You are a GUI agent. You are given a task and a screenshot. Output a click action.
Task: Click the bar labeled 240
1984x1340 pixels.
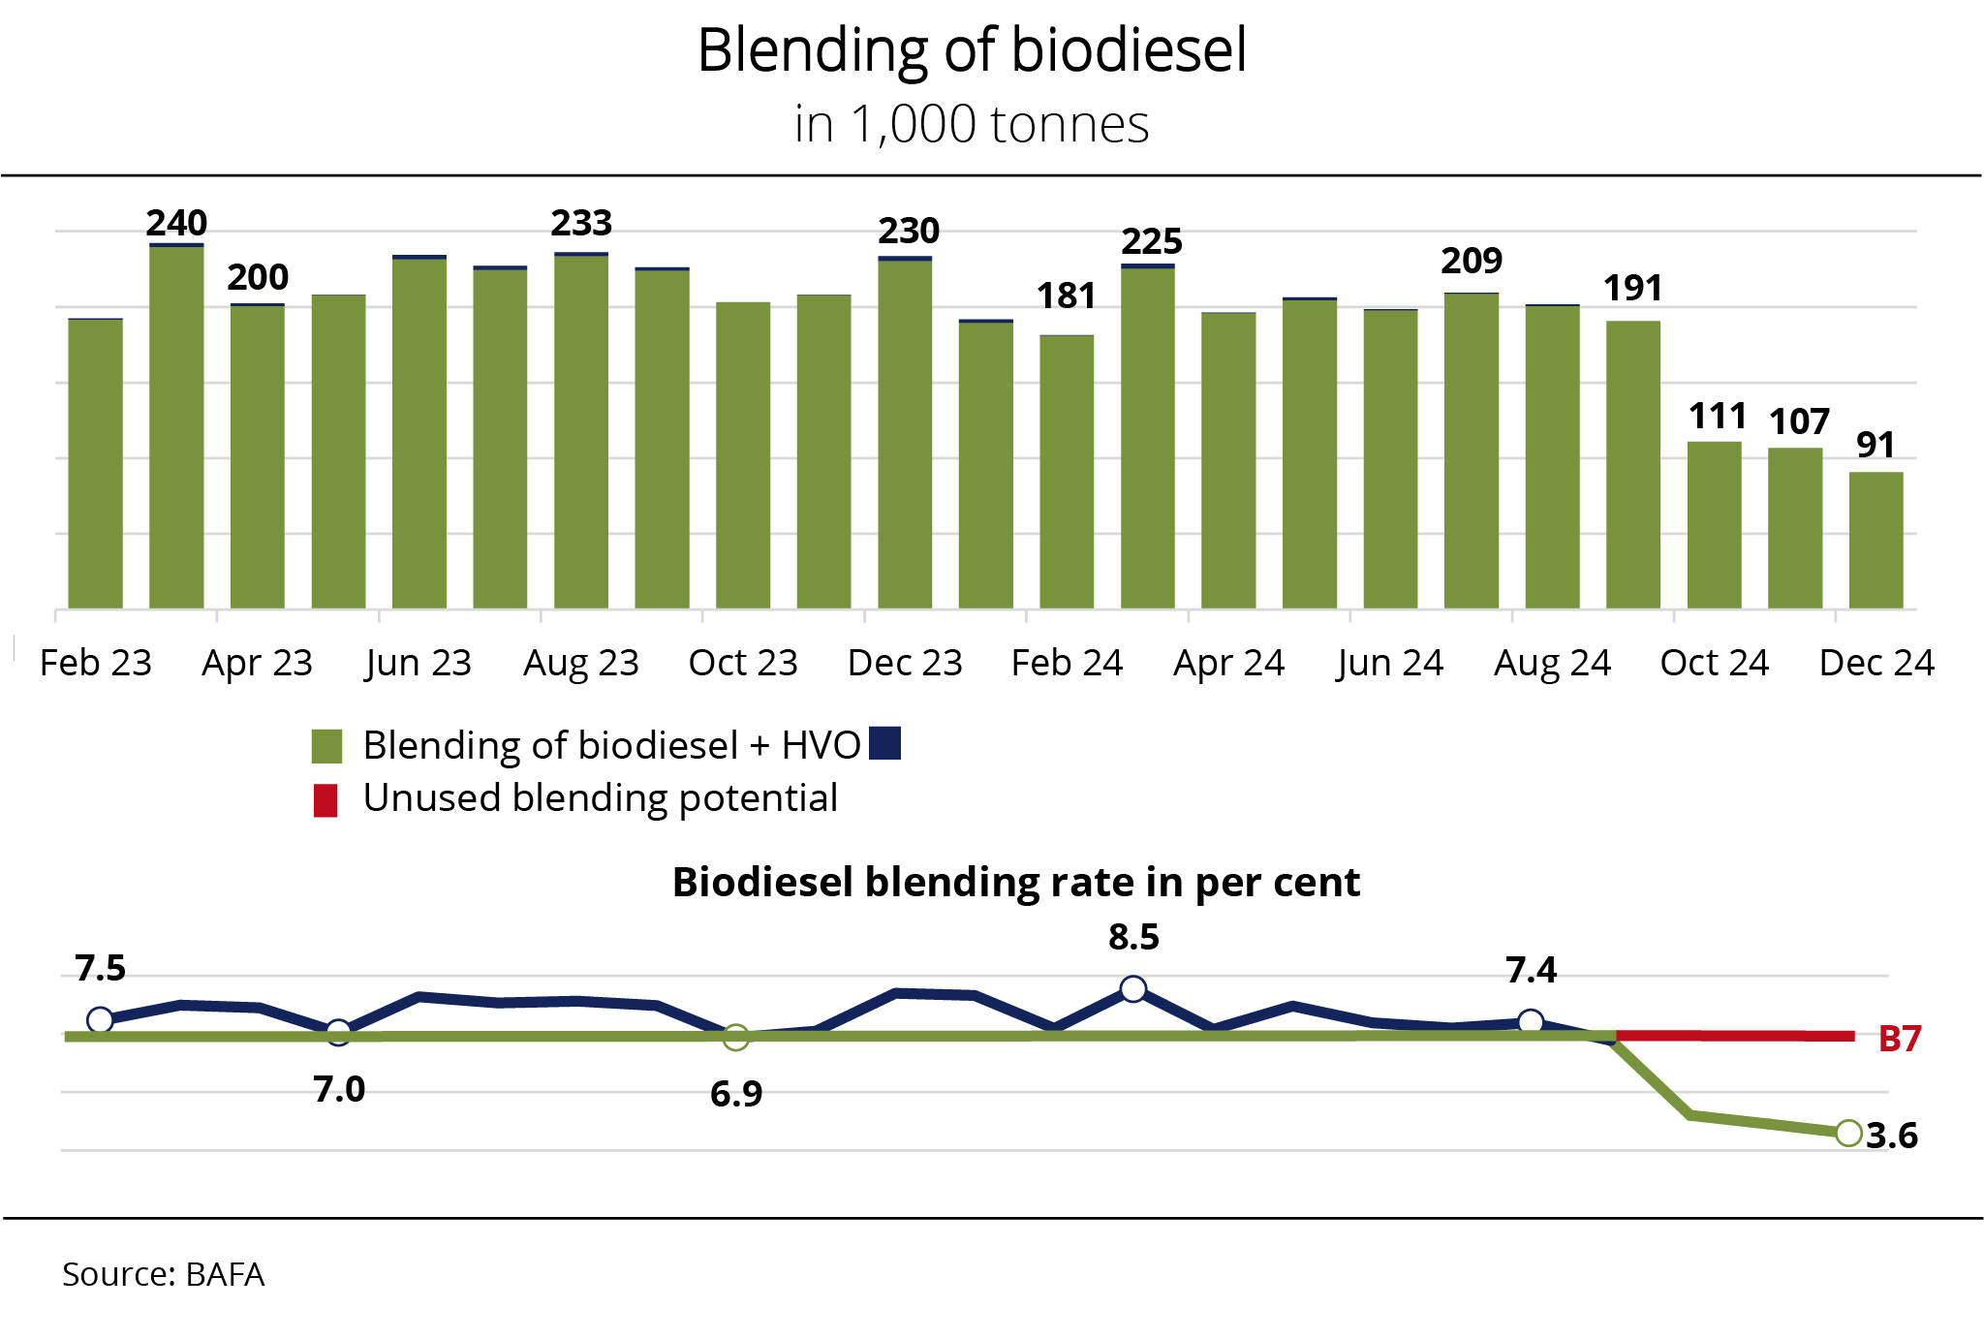(x=176, y=426)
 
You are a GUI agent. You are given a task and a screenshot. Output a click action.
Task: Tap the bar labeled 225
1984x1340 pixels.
(x=1148, y=436)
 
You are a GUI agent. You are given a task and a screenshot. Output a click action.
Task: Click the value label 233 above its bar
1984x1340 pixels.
(x=581, y=224)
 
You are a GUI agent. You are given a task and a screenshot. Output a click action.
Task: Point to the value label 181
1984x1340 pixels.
(x=1066, y=296)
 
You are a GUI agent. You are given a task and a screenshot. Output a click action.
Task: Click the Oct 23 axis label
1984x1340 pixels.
(x=742, y=663)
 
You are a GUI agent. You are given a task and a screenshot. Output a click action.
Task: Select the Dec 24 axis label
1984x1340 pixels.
(x=1875, y=663)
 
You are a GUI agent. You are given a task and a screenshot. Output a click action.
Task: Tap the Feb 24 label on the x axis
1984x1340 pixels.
(x=1066, y=663)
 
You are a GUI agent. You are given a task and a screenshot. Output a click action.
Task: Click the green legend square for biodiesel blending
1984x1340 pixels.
(x=326, y=746)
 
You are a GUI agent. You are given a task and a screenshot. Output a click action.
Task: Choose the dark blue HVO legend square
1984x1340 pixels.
(x=884, y=743)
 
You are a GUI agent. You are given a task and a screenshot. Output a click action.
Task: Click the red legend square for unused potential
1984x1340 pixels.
(x=325, y=800)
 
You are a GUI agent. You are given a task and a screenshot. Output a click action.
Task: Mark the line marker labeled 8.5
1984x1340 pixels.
(x=1132, y=989)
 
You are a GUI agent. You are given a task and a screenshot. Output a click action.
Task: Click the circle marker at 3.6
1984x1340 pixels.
(x=1848, y=1133)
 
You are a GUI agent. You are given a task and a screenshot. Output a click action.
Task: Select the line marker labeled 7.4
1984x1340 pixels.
(x=1531, y=1021)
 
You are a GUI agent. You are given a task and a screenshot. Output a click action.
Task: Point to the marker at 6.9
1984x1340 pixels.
(x=736, y=1038)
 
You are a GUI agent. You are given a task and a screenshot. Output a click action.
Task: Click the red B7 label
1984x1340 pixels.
(x=1899, y=1039)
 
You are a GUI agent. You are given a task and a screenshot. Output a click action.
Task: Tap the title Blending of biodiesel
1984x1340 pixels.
(x=972, y=50)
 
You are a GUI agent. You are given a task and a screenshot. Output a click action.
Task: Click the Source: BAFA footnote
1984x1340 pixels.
(x=163, y=1274)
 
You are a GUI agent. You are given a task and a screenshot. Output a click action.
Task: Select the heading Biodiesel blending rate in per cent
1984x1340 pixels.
(x=1015, y=883)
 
